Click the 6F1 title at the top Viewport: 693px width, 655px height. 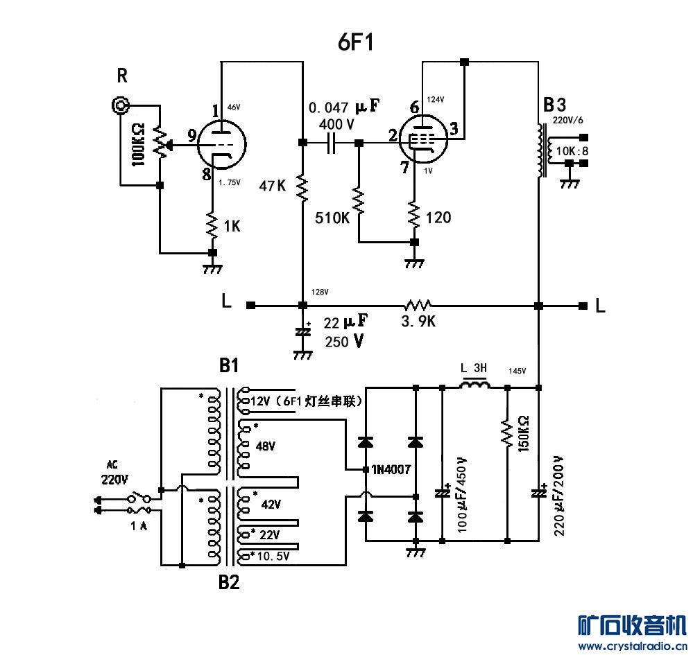click(356, 43)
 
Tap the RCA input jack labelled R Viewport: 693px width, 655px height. click(122, 105)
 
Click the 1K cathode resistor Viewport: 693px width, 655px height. click(212, 223)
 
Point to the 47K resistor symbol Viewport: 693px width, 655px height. click(302, 187)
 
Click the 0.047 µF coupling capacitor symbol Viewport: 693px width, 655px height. click(331, 143)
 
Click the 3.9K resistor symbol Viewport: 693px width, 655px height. click(418, 305)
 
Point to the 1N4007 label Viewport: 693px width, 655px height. click(391, 469)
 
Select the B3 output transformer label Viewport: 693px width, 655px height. click(555, 105)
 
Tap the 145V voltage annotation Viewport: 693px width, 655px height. click(518, 371)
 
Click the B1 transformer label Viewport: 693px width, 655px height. click(229, 365)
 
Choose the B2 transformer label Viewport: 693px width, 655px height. click(229, 582)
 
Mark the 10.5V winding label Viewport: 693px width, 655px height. click(272, 556)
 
